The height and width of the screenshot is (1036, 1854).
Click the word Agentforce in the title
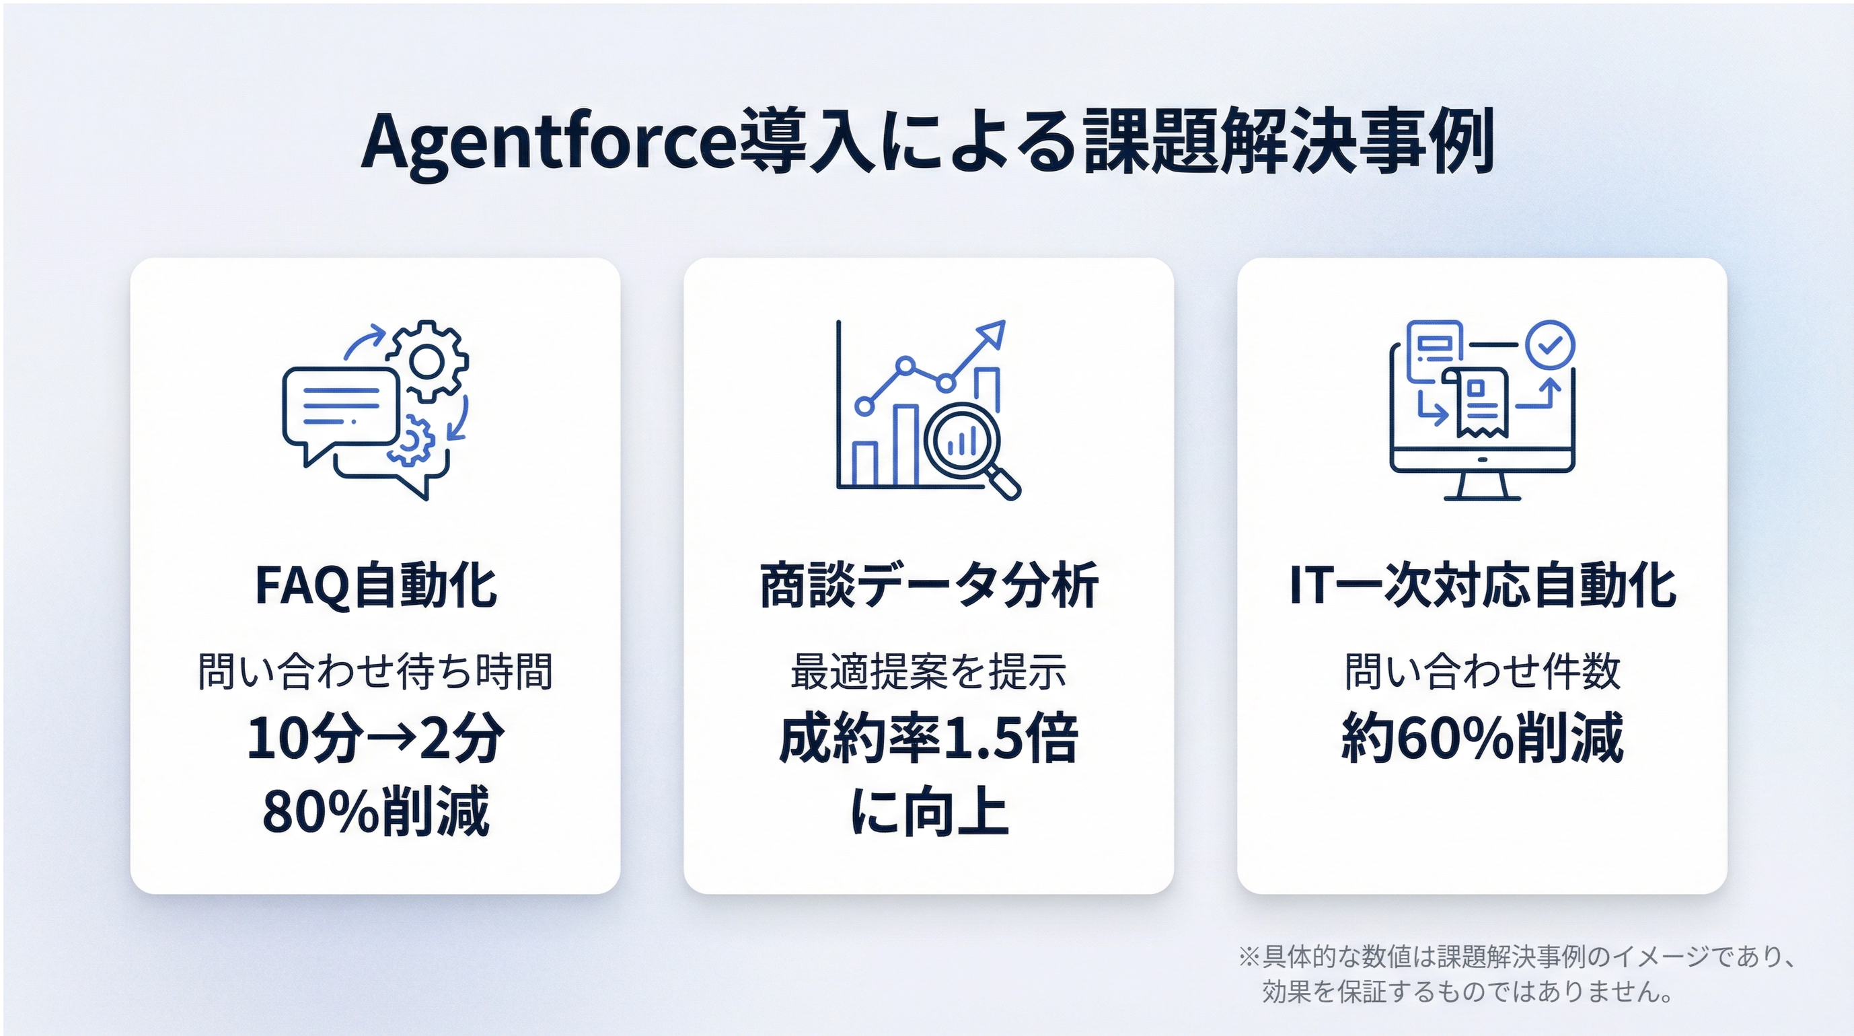(x=548, y=143)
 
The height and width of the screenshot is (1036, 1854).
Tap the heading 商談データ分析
(x=928, y=585)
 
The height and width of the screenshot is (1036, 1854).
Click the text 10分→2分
(x=375, y=738)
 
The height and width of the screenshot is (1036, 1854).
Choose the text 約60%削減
(x=1483, y=738)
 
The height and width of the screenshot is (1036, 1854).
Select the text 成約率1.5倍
(x=928, y=738)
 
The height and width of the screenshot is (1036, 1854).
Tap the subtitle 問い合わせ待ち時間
(x=375, y=671)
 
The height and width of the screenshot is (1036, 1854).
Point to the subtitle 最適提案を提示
(x=928, y=671)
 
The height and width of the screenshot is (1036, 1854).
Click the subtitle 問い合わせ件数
(x=1483, y=671)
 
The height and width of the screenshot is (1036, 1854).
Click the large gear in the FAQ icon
(x=429, y=361)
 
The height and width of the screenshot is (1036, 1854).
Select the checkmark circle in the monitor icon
(x=1551, y=345)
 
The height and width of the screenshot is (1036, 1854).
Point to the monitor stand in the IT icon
(x=1483, y=486)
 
